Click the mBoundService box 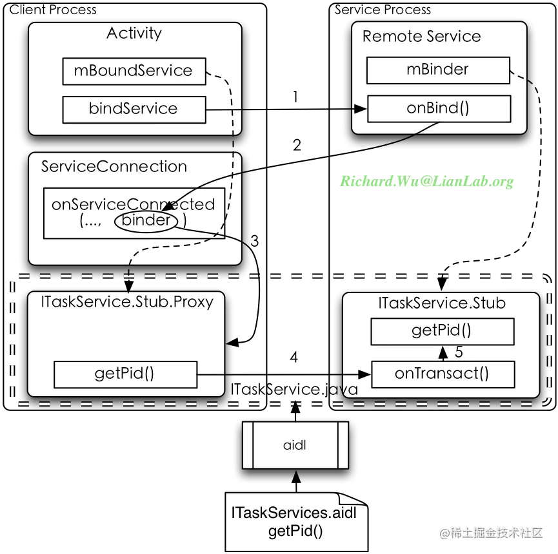[134, 71]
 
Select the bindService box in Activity [134, 110]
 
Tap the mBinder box [438, 70]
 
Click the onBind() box [439, 108]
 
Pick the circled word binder [146, 220]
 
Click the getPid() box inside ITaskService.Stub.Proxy [125, 374]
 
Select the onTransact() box [443, 374]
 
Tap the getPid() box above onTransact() [443, 331]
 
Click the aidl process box [295, 445]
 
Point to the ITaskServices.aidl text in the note [294, 513]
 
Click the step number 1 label [295, 97]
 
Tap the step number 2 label [297, 145]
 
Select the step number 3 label [254, 241]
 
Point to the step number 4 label [294, 357]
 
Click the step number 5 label [459, 352]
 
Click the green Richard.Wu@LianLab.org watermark [426, 181]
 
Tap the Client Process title [53, 10]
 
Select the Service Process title [383, 10]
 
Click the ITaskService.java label [294, 390]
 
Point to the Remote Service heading [422, 36]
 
